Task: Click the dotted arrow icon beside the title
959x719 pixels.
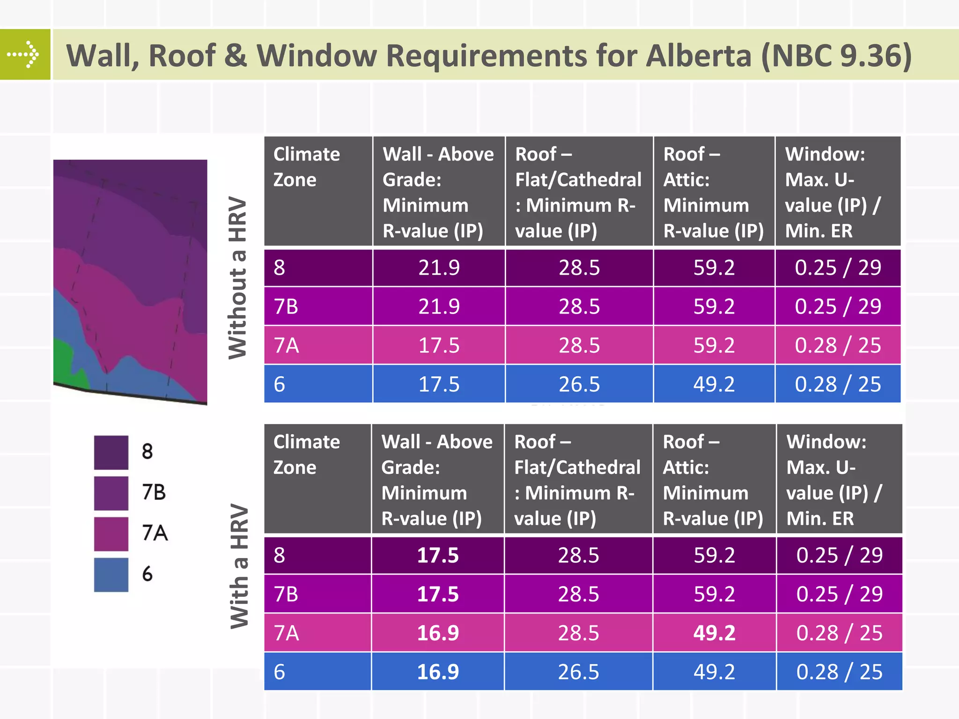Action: point(24,54)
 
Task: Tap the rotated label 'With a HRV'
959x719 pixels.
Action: point(239,566)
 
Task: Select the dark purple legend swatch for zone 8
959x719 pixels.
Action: point(111,453)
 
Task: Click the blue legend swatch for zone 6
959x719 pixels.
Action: point(111,575)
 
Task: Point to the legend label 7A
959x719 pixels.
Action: point(155,533)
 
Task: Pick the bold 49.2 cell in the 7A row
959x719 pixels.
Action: point(714,633)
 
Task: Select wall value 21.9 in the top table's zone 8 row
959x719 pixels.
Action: point(439,268)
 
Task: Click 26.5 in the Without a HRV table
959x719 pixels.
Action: point(579,384)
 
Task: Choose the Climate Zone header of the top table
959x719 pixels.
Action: point(307,167)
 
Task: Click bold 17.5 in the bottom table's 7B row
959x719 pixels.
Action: point(438,594)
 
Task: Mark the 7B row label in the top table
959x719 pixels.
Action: point(286,307)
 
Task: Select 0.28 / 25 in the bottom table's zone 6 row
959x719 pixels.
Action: point(839,672)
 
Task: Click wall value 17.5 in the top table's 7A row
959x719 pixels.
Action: point(439,345)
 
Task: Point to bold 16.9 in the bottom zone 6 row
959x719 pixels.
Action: point(438,672)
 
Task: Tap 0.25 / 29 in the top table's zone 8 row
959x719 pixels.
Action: point(838,268)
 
